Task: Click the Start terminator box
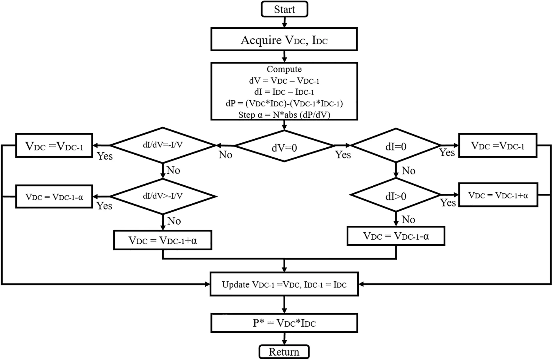pyautogui.click(x=284, y=9)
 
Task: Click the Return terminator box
pyautogui.click(x=284, y=352)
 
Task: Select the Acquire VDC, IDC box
pyautogui.click(x=284, y=39)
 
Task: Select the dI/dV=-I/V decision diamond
pyautogui.click(x=163, y=145)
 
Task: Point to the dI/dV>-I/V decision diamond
pyautogui.click(x=163, y=196)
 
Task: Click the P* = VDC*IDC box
pyautogui.click(x=284, y=323)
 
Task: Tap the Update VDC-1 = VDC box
pyautogui.click(x=284, y=284)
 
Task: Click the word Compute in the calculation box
pyautogui.click(x=284, y=69)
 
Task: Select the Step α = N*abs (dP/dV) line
pyautogui.click(x=284, y=115)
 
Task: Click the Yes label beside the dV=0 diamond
pyautogui.click(x=343, y=155)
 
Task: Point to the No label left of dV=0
pyautogui.click(x=225, y=155)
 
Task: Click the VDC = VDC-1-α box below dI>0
pyautogui.click(x=396, y=236)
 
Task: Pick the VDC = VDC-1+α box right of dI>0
pyautogui.click(x=498, y=195)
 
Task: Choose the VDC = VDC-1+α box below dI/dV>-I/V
pyautogui.click(x=163, y=240)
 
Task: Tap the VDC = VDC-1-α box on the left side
pyautogui.click(x=54, y=197)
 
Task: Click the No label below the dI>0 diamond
pyautogui.click(x=408, y=220)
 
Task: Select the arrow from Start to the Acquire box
pyautogui.click(x=284, y=22)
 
